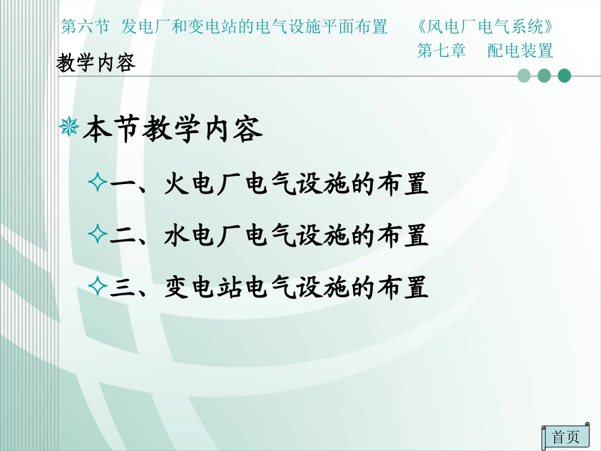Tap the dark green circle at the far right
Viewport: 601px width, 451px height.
click(564, 76)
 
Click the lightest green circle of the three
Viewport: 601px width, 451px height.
click(524, 76)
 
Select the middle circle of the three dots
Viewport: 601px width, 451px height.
click(544, 76)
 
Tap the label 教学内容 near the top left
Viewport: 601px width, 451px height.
click(96, 63)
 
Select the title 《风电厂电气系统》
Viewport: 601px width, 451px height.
click(488, 27)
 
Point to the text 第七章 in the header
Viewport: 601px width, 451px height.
click(441, 50)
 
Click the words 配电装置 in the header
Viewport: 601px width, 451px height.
click(520, 50)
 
